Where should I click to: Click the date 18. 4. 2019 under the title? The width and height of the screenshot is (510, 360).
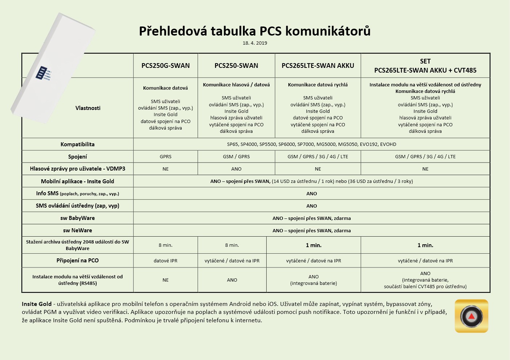coord(255,43)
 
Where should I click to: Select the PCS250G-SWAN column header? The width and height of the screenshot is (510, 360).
coord(166,66)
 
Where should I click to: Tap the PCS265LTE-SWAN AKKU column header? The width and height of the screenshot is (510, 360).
coord(318,66)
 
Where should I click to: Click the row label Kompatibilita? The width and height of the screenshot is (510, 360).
coord(77,144)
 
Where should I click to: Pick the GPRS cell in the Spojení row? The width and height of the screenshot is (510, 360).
coord(166,157)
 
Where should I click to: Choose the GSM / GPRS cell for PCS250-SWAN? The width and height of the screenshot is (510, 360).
coord(236,157)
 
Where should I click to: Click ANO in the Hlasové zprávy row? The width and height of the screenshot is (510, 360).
coord(236,169)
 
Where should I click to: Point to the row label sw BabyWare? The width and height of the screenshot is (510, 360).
coord(77,218)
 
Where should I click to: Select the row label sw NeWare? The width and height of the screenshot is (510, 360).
coord(77,230)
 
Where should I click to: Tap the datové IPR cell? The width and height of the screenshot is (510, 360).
coord(166,261)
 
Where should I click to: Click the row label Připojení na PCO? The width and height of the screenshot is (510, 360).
coord(77,261)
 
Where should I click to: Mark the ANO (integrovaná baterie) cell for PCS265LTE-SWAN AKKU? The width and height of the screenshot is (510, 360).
coord(313,280)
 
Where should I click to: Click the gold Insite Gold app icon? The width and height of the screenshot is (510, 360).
coord(471,316)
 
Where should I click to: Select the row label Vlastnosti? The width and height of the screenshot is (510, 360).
coord(88,108)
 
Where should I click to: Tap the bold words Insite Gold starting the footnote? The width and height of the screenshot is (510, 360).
coord(37,304)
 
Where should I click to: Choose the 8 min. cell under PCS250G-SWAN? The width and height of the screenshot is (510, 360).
coord(166,245)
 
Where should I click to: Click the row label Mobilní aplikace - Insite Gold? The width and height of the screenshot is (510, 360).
coord(77,181)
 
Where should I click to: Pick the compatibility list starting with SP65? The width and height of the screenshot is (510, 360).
coord(311,144)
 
